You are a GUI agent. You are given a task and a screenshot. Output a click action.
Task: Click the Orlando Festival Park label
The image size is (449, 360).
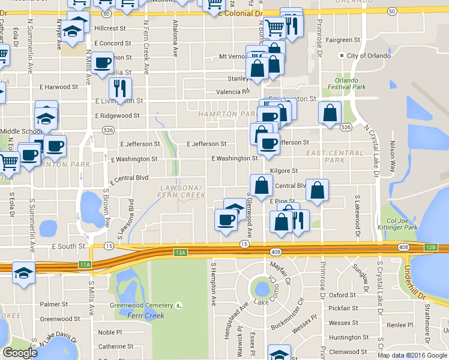pos(346,83)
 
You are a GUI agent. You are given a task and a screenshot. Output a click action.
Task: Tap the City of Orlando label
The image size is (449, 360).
pos(364,56)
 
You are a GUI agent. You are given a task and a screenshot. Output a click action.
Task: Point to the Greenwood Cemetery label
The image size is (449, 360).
pos(146,305)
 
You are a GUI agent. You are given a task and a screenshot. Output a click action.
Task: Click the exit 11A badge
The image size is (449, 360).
pos(85,264)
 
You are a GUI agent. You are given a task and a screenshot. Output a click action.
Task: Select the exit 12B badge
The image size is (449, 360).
pos(430,247)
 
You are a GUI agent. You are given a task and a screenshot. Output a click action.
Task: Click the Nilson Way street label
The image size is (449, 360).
pos(393,157)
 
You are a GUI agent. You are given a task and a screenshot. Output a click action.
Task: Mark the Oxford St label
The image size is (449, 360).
pos(342,295)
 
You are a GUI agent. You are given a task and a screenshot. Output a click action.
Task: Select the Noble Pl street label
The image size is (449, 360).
pos(110,332)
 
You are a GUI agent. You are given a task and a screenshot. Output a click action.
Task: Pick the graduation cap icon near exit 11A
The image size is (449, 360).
pos(23,273)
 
